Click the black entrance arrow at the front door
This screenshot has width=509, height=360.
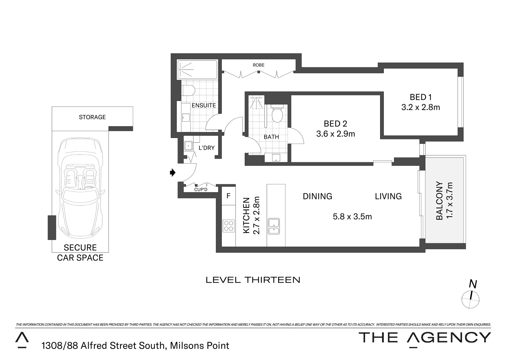click(172, 172)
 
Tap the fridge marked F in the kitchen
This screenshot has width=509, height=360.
click(229, 196)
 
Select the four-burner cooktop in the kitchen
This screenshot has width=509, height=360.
click(229, 226)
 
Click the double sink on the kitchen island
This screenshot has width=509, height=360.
click(274, 226)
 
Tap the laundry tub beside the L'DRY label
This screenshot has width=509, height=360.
click(189, 146)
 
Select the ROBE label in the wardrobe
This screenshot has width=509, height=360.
click(258, 65)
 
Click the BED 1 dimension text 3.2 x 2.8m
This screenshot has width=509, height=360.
click(420, 107)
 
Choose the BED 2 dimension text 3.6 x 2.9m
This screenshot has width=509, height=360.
click(335, 134)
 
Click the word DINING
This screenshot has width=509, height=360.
click(317, 196)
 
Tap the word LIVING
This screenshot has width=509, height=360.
click(388, 196)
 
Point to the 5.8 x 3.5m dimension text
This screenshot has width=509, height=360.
click(352, 217)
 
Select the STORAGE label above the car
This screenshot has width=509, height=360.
click(92, 117)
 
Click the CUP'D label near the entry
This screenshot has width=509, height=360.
click(201, 189)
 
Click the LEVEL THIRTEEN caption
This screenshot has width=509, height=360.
click(253, 280)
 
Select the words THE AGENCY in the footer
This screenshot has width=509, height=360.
click(424, 338)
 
